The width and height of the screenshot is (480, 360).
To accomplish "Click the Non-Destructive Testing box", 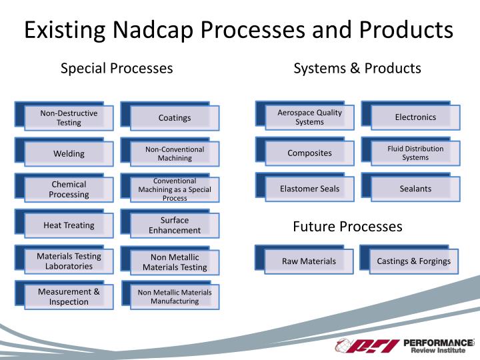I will click(69, 118).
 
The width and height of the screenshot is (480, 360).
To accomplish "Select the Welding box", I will click(69, 154).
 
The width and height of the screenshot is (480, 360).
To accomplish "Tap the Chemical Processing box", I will click(69, 189).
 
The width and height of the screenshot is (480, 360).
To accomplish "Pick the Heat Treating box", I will click(69, 225).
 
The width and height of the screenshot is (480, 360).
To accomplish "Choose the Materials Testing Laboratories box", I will click(69, 261).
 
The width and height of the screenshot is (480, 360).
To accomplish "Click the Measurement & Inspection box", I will click(69, 297).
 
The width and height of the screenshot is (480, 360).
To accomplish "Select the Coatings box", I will click(175, 118).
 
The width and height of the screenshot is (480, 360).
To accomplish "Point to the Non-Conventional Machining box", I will click(175, 154).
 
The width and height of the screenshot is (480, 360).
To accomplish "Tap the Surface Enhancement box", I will click(175, 225).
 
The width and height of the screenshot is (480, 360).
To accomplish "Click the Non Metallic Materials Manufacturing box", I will click(175, 297).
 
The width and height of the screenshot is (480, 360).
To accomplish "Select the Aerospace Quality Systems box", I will click(309, 117).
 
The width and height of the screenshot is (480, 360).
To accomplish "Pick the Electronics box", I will click(415, 117).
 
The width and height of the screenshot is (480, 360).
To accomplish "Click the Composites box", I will click(309, 153).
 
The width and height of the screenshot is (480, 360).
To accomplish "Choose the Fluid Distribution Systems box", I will click(415, 153).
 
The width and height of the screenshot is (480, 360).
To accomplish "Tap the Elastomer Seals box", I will click(309, 189).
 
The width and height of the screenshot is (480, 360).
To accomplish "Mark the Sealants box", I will click(415, 189).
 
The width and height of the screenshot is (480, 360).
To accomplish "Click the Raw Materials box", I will click(309, 261).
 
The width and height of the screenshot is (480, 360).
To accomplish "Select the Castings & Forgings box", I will click(414, 261).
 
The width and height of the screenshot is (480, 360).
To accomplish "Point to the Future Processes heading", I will click(347, 227).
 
